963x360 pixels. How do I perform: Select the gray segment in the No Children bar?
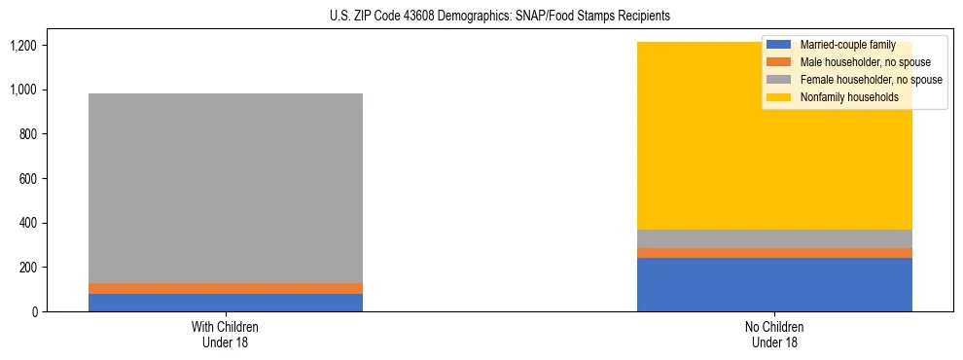coord(774,239)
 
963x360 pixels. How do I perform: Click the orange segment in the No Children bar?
coord(774,253)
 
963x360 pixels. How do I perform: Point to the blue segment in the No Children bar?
coord(774,284)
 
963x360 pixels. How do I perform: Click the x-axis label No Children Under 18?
coord(774,334)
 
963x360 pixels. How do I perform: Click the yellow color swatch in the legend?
coord(779,97)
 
